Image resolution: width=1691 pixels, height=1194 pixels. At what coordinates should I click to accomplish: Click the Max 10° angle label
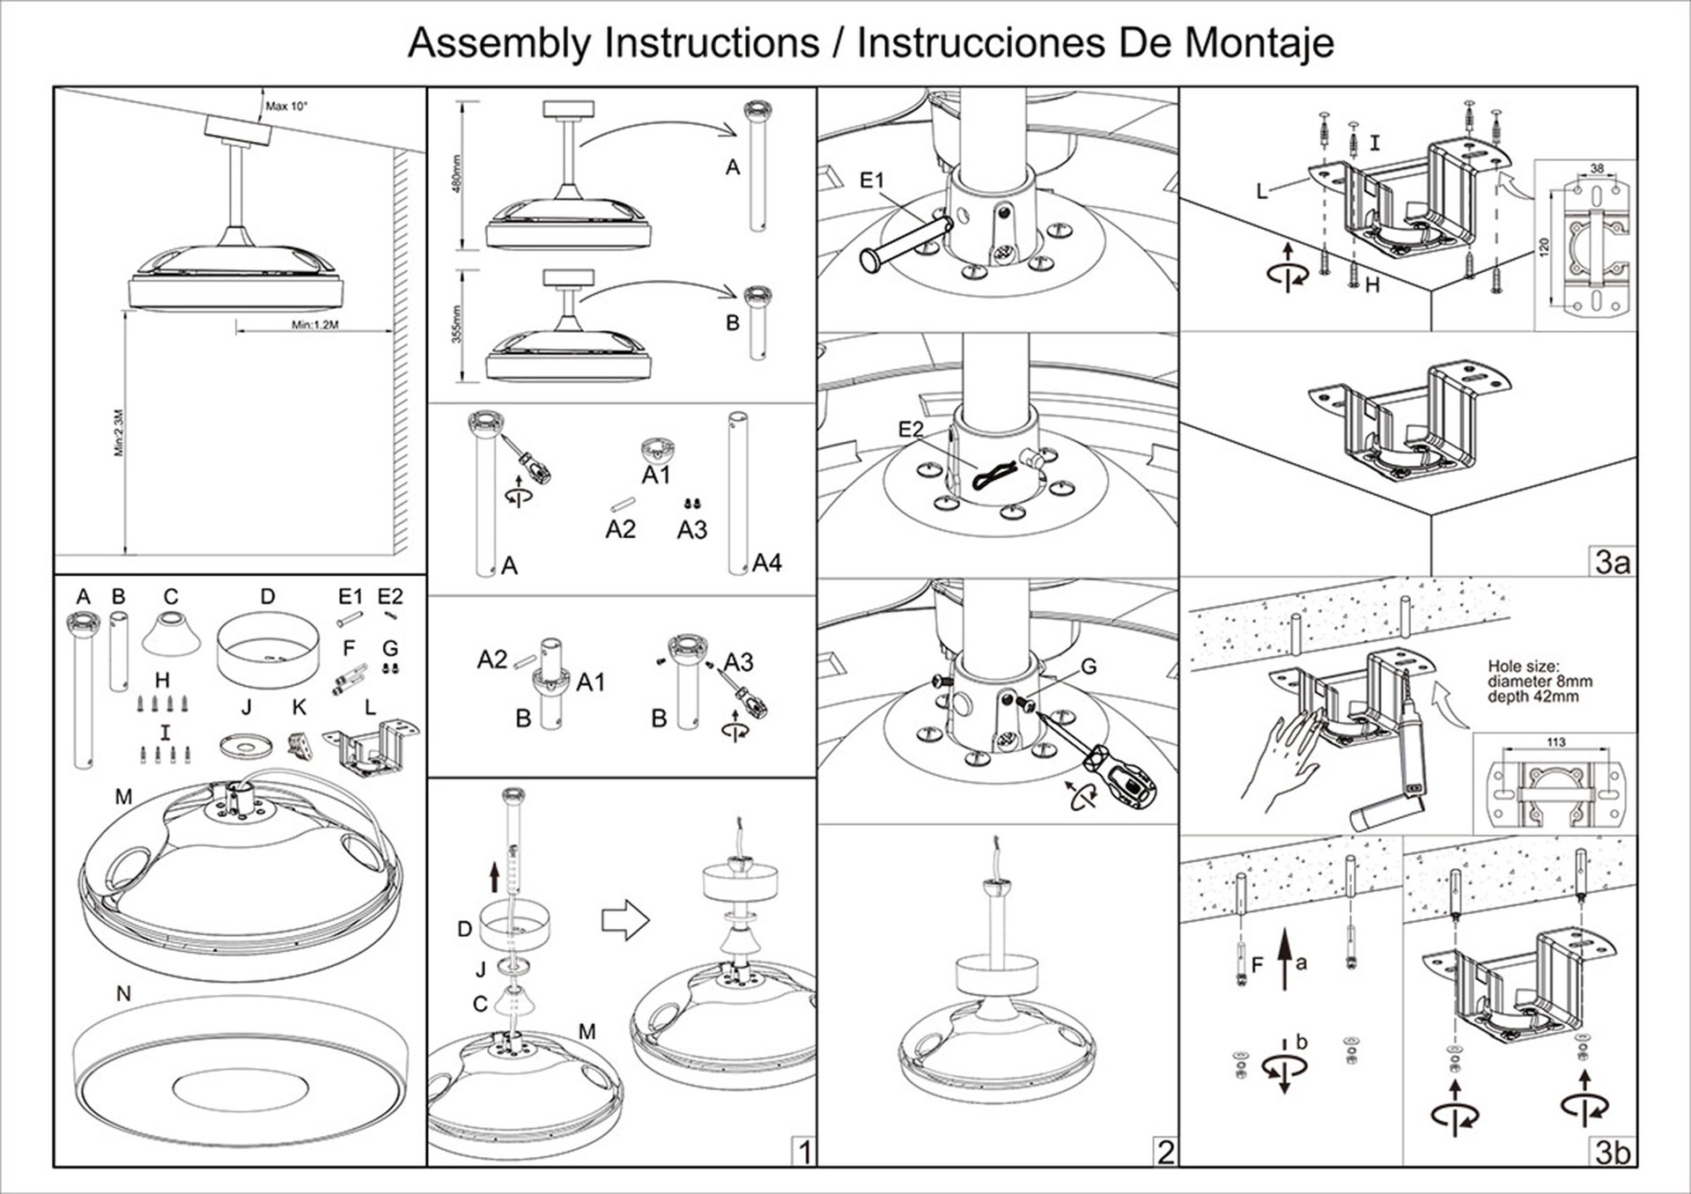tap(286, 107)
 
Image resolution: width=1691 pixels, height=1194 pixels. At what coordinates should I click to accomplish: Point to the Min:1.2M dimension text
tap(315, 325)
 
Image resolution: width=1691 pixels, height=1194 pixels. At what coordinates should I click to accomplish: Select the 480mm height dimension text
tap(456, 173)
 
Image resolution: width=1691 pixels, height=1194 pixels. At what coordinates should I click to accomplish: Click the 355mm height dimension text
tap(456, 325)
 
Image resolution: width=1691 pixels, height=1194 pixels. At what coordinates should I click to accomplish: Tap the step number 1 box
tap(803, 1152)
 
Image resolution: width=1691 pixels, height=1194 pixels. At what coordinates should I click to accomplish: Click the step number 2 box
tap(1165, 1152)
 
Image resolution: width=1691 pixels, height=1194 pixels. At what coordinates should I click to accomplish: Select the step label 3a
tap(1613, 562)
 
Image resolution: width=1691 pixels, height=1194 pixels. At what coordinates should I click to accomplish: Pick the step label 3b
tap(1613, 1152)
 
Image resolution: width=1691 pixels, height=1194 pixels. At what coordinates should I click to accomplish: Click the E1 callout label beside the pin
tap(871, 181)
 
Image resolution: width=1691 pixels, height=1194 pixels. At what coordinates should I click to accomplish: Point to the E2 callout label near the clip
tap(911, 430)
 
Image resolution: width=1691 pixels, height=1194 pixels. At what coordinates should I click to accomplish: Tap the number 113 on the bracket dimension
tap(1555, 742)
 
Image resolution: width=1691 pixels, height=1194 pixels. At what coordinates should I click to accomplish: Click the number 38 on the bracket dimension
tap(1597, 168)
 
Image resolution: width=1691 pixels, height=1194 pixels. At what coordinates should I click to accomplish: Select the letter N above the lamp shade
tap(123, 993)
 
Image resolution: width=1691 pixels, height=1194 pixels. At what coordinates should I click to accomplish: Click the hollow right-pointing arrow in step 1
tap(625, 921)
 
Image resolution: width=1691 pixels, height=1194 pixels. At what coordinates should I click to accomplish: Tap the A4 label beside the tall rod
tap(766, 563)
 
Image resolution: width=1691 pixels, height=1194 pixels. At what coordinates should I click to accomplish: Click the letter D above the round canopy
tap(268, 597)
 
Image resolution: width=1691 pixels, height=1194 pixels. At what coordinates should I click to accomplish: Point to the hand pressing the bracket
tap(1281, 758)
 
